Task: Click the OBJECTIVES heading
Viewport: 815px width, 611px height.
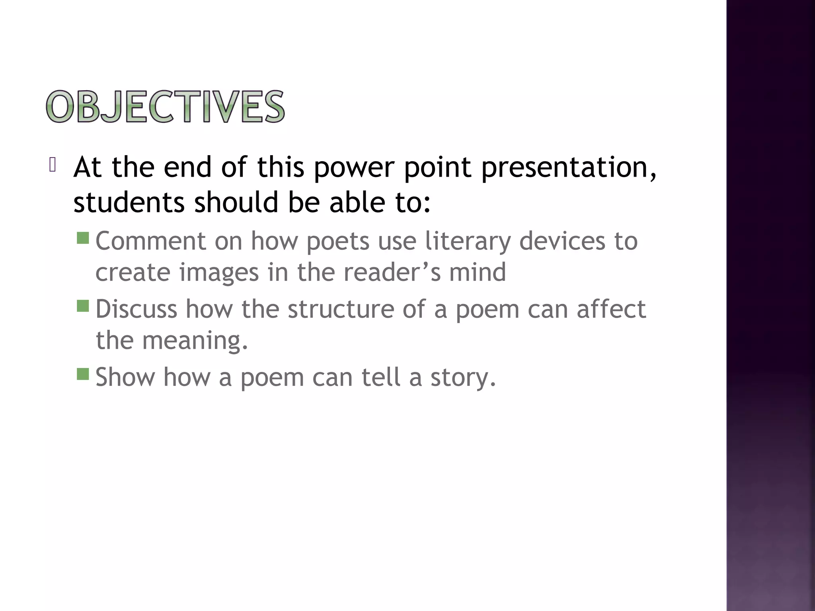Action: pyautogui.click(x=165, y=107)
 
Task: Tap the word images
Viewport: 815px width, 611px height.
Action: pyautogui.click(x=219, y=273)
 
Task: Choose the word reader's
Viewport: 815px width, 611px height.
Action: pyautogui.click(x=392, y=272)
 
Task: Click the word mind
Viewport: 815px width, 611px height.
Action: pyautogui.click(x=478, y=272)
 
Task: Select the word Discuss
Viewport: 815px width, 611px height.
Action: pyautogui.click(x=136, y=309)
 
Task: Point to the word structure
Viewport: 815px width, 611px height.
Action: pyautogui.click(x=341, y=309)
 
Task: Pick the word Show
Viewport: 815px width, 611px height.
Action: pyautogui.click(x=125, y=377)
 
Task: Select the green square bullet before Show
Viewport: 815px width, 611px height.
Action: pyautogui.click(x=83, y=374)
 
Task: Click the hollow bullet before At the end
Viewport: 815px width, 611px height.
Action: pyautogui.click(x=53, y=165)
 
